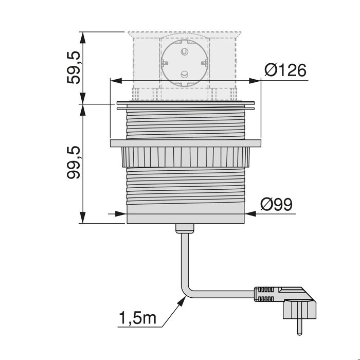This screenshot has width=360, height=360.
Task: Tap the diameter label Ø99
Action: tap(276, 204)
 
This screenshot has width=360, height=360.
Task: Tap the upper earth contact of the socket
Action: tap(184, 52)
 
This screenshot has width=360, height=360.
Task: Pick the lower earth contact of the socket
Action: tap(184, 76)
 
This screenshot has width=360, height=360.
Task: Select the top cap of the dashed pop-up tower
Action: tap(184, 34)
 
